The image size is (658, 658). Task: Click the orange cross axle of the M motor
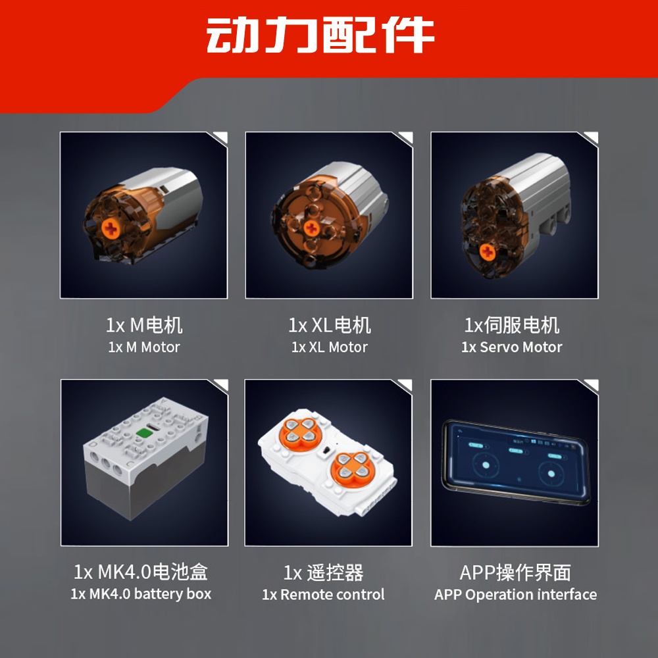click(x=111, y=229)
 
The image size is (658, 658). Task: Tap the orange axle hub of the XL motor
click(x=311, y=229)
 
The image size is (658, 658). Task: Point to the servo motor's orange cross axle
click(x=488, y=252)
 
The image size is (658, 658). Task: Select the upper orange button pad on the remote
click(x=298, y=431)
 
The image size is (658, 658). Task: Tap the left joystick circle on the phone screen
click(x=485, y=465)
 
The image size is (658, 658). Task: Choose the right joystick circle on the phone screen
click(x=551, y=474)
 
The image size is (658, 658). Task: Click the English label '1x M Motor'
click(x=144, y=347)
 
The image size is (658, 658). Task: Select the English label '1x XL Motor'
click(x=330, y=347)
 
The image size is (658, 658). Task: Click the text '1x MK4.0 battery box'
click(x=141, y=594)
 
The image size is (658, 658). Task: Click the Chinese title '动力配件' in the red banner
click(x=320, y=36)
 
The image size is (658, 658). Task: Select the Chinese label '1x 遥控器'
click(x=323, y=572)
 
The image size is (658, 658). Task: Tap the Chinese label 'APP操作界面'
click(x=515, y=572)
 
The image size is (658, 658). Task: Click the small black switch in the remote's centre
click(x=326, y=450)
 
